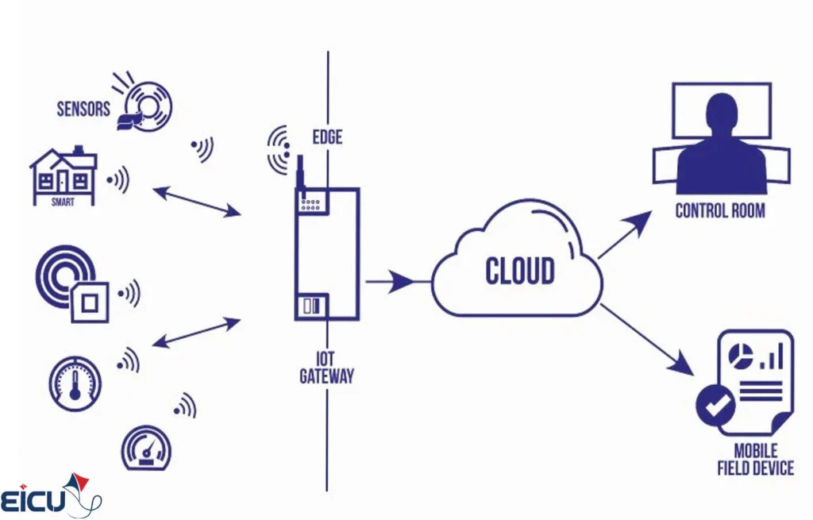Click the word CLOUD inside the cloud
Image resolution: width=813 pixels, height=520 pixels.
click(520, 271)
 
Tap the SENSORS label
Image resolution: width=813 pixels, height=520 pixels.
click(83, 109)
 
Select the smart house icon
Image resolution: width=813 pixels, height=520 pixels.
click(63, 175)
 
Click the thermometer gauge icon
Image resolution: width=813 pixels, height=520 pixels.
click(75, 383)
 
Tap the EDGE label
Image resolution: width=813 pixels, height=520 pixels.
click(326, 137)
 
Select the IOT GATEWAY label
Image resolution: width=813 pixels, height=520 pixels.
click(326, 368)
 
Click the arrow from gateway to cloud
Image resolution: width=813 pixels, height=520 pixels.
click(391, 280)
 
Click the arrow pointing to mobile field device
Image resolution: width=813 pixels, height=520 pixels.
click(646, 339)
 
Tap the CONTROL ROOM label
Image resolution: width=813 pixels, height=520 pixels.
click(720, 211)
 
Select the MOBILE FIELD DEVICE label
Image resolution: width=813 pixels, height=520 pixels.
click(755, 460)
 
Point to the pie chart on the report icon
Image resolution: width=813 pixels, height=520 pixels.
click(741, 356)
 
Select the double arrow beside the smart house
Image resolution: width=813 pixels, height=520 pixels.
click(195, 201)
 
